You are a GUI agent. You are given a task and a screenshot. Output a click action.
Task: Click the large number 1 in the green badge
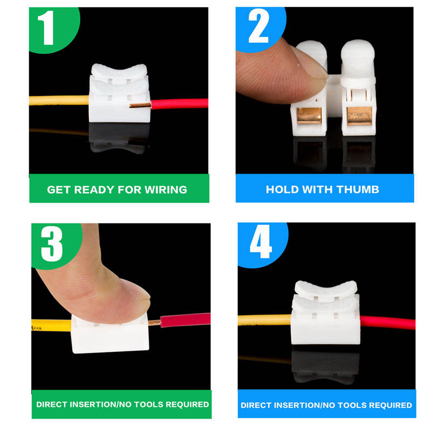pyautogui.click(x=46, y=27)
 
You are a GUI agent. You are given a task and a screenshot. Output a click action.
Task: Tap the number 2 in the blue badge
pyautogui.click(x=259, y=26)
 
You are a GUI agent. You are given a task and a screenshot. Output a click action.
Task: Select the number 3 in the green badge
pyautogui.click(x=52, y=244)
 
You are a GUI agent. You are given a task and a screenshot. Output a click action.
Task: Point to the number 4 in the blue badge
pyautogui.click(x=261, y=241)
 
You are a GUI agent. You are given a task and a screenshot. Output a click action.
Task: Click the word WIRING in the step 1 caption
pyautogui.click(x=166, y=190)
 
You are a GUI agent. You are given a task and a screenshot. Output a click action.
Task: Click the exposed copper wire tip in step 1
pyautogui.click(x=140, y=105)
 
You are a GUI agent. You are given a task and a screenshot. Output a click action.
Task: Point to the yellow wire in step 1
pyautogui.click(x=59, y=100)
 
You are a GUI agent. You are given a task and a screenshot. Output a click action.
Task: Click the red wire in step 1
pyautogui.click(x=179, y=103)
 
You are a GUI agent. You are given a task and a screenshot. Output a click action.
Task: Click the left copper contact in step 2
pyautogui.click(x=309, y=115)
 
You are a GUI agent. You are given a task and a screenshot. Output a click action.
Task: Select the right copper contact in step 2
pyautogui.click(x=359, y=116)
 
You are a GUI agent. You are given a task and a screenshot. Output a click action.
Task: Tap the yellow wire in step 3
pyautogui.click(x=51, y=325)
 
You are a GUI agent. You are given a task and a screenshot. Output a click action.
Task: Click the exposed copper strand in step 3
pyautogui.click(x=155, y=322)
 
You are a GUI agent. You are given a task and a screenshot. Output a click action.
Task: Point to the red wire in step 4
pyautogui.click(x=387, y=322)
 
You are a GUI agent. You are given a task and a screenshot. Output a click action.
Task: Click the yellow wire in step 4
pyautogui.click(x=265, y=320)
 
